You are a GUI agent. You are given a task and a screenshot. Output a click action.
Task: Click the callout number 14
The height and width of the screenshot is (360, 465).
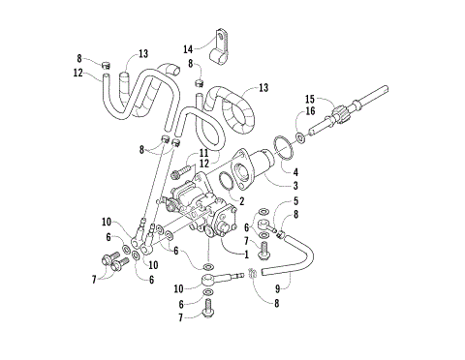tap(189, 48)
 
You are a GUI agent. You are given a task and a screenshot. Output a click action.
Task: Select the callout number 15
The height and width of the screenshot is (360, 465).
tap(310, 98)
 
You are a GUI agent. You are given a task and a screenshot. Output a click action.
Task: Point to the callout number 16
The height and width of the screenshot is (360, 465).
tap(310, 111)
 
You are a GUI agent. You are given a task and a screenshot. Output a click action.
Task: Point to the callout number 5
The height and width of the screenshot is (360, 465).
tap(296, 201)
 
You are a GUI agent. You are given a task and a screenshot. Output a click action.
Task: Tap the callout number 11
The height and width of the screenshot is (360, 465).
tap(204, 153)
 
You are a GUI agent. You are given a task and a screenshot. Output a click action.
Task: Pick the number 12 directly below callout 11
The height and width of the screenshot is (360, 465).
tap(204, 164)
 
